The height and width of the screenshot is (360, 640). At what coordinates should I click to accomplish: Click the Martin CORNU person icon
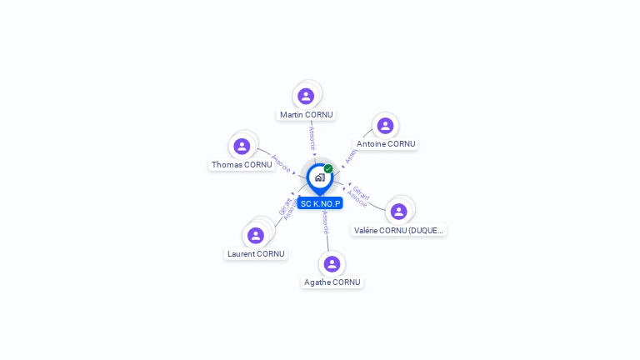coord(306,96)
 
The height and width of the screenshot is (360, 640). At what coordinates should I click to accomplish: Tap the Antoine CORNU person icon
coord(385,126)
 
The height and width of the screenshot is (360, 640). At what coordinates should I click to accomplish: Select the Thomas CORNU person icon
coord(242,147)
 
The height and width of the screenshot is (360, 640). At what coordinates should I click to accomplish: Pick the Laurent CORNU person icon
coord(256,236)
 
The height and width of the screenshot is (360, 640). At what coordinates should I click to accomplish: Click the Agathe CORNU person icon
coord(332,264)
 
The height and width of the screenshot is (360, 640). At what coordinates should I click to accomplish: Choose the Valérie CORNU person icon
coord(399,212)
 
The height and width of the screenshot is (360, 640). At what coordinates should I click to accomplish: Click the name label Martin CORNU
coord(306,115)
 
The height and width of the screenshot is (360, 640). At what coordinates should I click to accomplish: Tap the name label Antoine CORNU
coord(386,144)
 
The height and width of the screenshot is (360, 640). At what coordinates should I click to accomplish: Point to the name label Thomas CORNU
coord(242,165)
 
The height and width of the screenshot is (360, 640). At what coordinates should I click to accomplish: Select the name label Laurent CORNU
coord(256,254)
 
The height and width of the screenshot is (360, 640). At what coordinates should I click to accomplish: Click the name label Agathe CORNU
coord(332,282)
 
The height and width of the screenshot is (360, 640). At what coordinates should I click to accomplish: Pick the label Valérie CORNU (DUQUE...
coord(399,230)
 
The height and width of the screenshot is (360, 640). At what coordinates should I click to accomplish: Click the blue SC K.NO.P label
coord(320,203)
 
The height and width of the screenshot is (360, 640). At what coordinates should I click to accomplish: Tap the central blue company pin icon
coord(319,177)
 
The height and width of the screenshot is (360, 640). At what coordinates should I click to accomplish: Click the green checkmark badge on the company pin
coord(328,168)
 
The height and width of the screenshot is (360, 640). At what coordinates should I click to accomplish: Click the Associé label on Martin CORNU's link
coord(312,137)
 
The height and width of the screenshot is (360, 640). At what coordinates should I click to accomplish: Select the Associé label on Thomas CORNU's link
coord(282,162)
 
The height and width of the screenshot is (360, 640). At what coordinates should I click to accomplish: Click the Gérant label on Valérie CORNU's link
coord(360,190)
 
